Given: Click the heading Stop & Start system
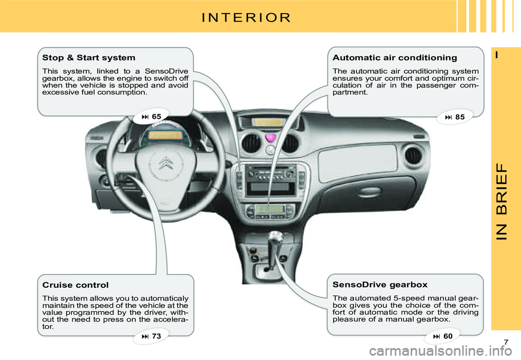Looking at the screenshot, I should pos(88,57).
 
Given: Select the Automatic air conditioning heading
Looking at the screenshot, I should pos(395,58).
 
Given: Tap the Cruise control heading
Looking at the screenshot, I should pos(75,285).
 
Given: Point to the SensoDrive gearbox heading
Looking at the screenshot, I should pos(380,285).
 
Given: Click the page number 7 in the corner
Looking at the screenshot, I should pos(505,341).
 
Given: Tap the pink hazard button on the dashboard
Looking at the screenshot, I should pos(270,139).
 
